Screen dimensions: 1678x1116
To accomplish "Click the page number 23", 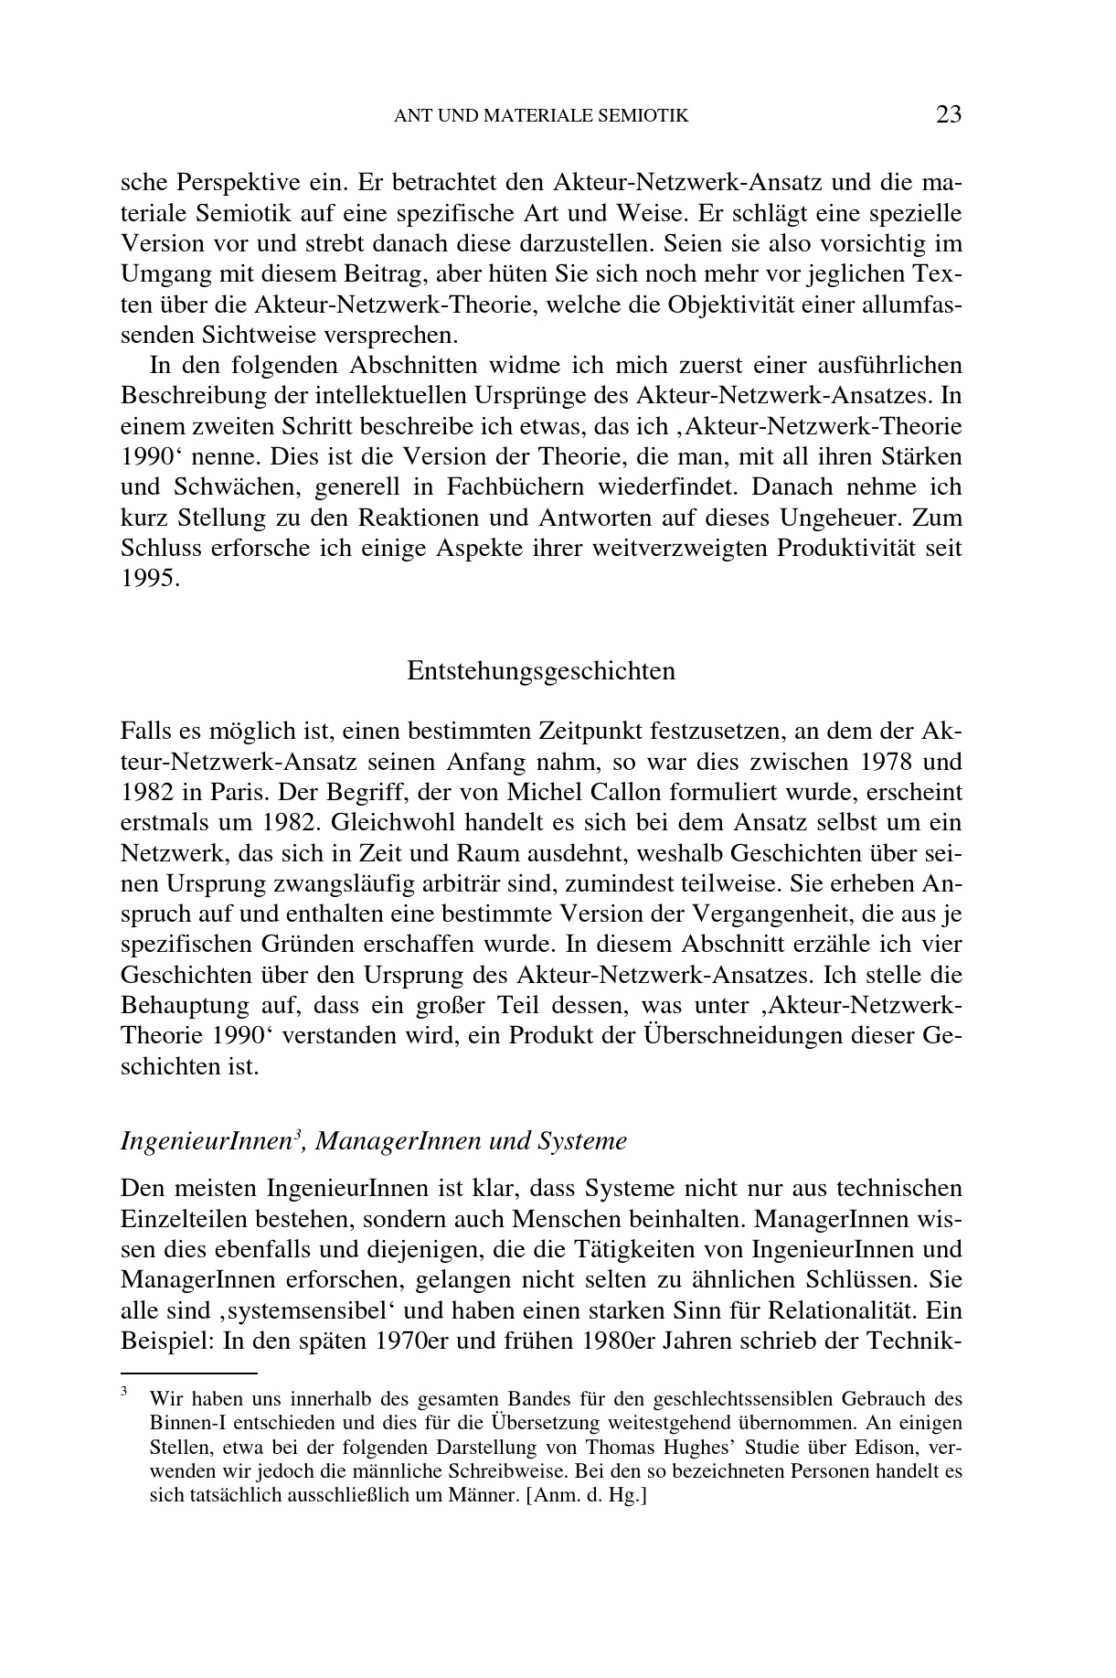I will click(x=949, y=114).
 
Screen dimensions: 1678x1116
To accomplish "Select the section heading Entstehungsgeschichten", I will click(x=541, y=670).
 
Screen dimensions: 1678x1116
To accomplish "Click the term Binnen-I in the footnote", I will click(x=182, y=1423).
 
